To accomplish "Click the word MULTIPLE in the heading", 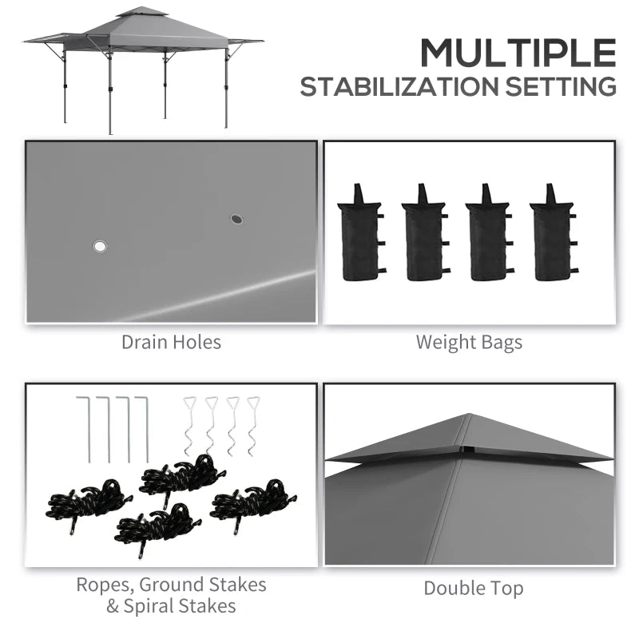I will pos(518,54).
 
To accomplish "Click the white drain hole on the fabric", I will pos(100,246).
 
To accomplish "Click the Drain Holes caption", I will pos(171,343).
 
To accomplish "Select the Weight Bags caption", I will pos(469,343).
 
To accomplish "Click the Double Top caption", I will pos(474,589).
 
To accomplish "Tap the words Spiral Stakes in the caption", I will pos(181,605).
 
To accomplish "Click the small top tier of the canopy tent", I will pos(142,14).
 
